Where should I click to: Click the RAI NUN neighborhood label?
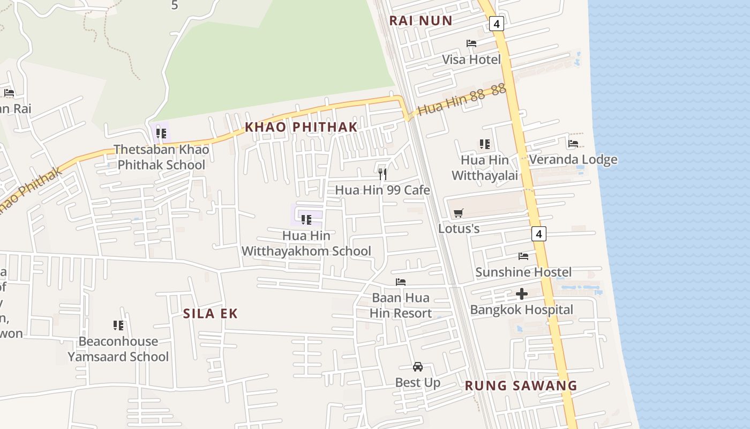[x=421, y=21]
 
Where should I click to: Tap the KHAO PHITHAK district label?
[x=301, y=127]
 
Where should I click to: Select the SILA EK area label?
[x=210, y=314]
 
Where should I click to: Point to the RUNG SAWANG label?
[x=521, y=386]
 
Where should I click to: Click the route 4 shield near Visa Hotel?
[x=497, y=24]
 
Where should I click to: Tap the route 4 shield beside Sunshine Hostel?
[x=539, y=234]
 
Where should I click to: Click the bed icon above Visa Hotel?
[x=471, y=43]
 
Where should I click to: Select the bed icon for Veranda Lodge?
[x=573, y=144]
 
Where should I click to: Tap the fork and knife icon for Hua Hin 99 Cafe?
[x=382, y=174]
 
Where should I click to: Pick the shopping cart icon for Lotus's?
[x=458, y=213]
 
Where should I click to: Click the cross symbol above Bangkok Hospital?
[x=521, y=294]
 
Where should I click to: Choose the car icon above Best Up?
[x=418, y=367]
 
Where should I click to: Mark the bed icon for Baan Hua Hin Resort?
[x=401, y=282]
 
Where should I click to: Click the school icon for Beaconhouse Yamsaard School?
[x=118, y=325]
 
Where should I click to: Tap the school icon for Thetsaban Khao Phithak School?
[x=161, y=133]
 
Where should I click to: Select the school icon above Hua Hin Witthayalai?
[x=485, y=144]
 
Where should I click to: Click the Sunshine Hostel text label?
[x=523, y=272]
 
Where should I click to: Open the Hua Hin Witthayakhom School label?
[x=306, y=243]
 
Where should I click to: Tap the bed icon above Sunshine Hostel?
[x=523, y=256]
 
